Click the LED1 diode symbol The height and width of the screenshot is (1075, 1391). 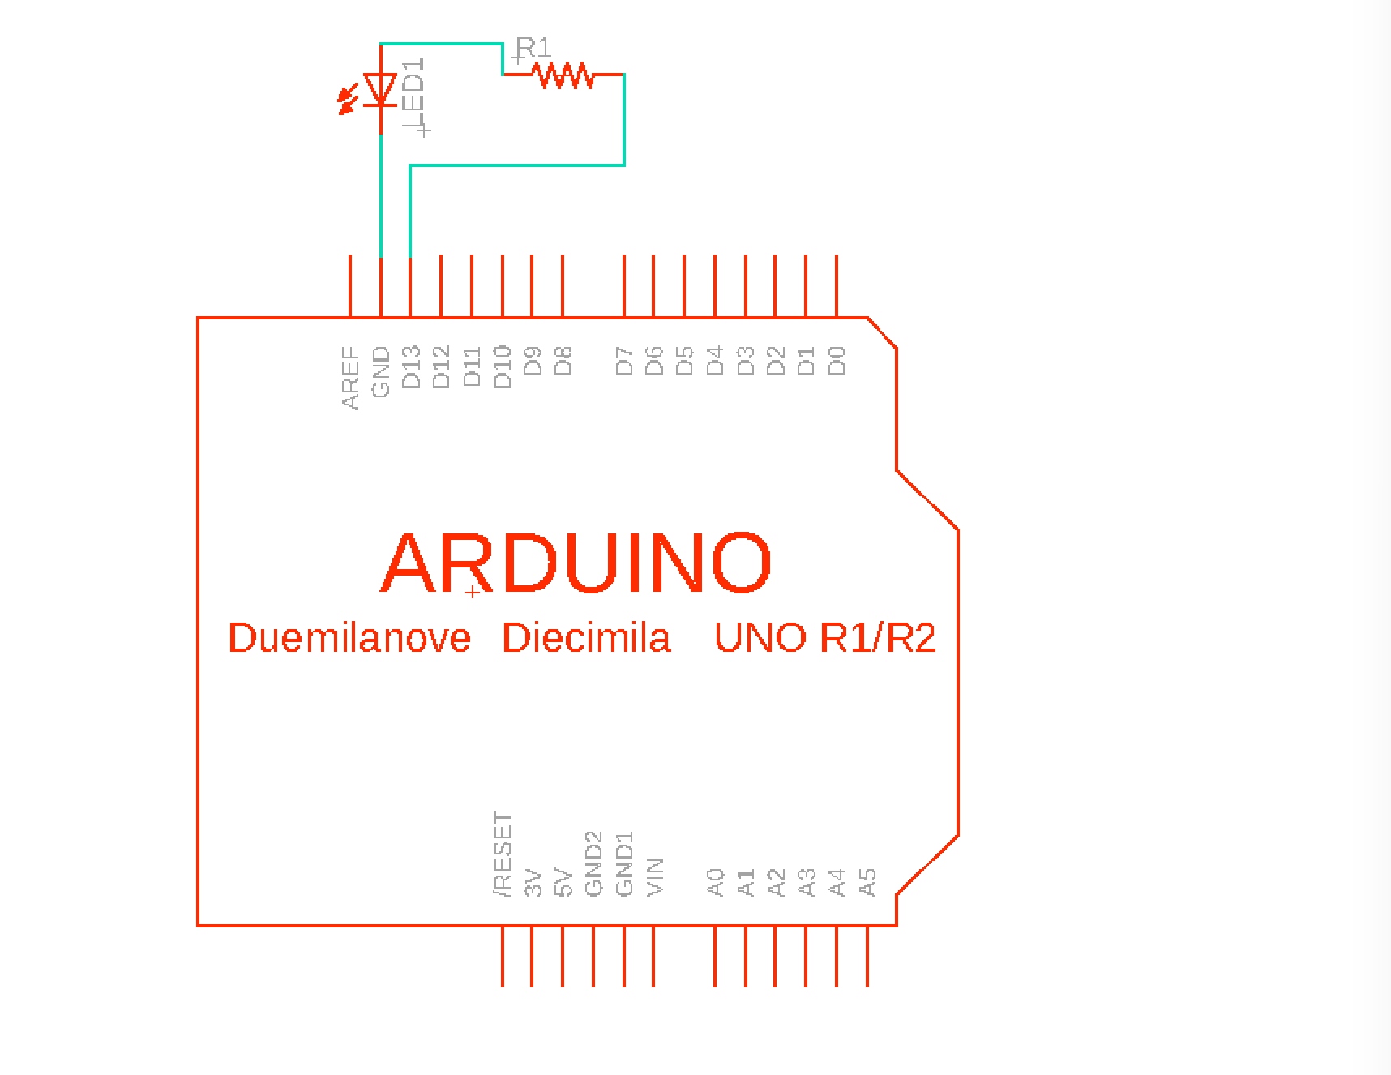[380, 90]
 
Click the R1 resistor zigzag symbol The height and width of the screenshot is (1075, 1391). [563, 75]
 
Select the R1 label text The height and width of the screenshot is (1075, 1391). [533, 48]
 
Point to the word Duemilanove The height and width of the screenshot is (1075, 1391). [349, 637]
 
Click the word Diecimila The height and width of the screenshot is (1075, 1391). [586, 637]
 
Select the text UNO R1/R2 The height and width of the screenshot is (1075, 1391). [825, 637]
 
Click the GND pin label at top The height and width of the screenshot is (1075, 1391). [381, 372]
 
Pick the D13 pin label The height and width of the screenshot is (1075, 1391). [411, 366]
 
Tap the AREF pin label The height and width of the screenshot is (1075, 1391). [350, 378]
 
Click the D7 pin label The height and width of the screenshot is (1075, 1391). [624, 361]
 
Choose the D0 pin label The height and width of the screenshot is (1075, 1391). [837, 361]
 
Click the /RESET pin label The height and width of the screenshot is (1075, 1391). [503, 854]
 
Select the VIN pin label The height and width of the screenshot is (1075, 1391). [655, 877]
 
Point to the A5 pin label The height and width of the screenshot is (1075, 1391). [868, 882]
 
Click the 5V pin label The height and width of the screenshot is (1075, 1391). [563, 884]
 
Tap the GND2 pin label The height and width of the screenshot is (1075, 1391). [594, 864]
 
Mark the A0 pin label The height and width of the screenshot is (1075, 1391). [715, 882]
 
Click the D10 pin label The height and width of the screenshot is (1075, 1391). [503, 366]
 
